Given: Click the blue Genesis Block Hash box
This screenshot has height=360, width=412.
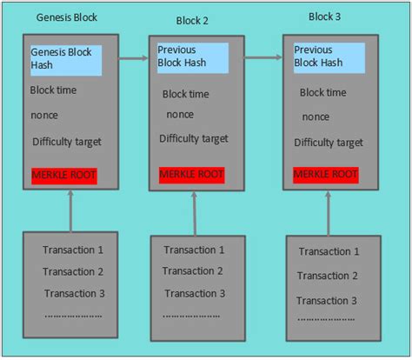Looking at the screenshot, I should (x=66, y=59).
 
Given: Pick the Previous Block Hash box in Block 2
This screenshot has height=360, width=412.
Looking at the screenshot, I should (x=193, y=57).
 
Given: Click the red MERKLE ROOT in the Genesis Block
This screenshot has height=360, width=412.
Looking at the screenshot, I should (x=63, y=175).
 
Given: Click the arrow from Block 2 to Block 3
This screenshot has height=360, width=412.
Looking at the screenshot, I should (x=263, y=58).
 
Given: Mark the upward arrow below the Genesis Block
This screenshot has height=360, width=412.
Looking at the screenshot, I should (x=70, y=210).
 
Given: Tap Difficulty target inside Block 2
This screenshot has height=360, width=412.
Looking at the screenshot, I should (x=194, y=138).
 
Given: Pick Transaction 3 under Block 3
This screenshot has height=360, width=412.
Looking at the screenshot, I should (x=329, y=300).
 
